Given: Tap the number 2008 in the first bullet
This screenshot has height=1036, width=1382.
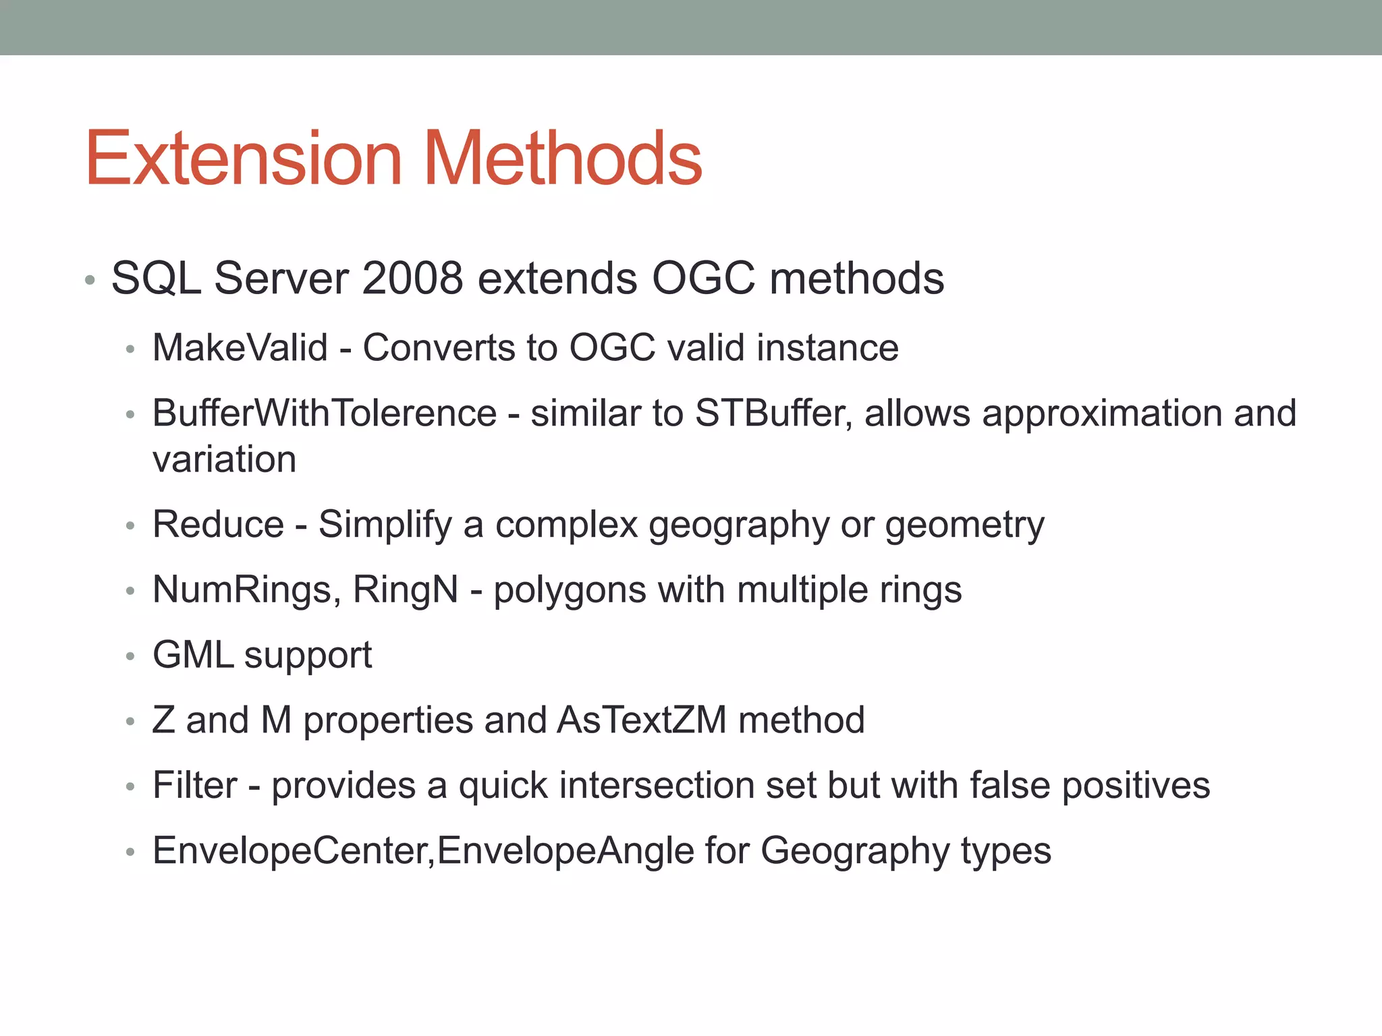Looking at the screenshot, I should [x=412, y=278].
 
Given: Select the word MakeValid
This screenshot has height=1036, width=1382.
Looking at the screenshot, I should [x=240, y=348].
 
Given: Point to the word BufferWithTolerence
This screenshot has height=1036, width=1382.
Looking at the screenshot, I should [x=325, y=413].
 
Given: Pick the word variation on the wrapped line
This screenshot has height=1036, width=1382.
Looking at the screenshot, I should [x=224, y=460].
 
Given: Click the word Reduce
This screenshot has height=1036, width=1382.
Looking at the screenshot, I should [x=218, y=525].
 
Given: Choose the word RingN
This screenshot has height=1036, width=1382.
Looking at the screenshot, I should [x=406, y=590].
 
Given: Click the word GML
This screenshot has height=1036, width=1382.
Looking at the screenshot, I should [x=193, y=655].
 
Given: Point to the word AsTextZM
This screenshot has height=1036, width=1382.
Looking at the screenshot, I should [x=641, y=720].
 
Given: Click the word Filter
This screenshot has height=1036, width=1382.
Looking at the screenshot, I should [x=195, y=785].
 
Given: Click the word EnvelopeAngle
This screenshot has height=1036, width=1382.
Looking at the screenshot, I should [x=565, y=851].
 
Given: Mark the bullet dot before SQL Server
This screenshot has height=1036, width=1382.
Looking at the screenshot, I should [x=90, y=279].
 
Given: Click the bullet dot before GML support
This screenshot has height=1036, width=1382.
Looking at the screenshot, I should [x=131, y=656].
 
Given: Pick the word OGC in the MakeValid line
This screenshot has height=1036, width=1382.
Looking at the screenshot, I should [x=612, y=348].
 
